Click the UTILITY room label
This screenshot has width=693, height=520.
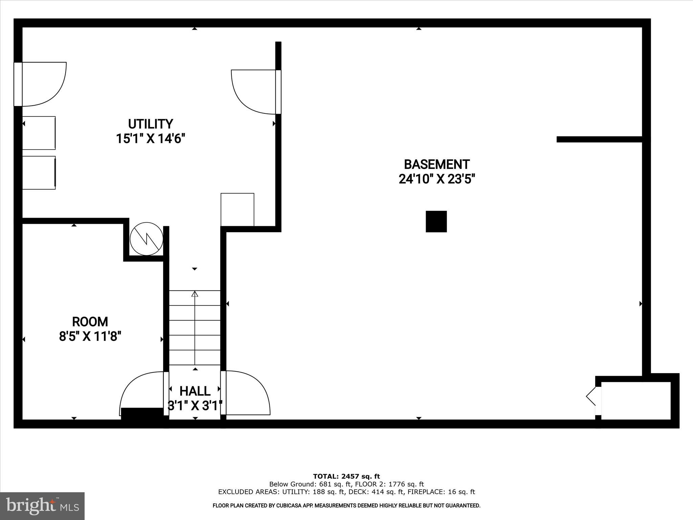click(151, 124)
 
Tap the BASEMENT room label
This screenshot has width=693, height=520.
click(437, 165)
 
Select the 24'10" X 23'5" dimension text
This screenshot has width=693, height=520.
click(437, 179)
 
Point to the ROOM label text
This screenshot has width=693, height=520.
click(90, 322)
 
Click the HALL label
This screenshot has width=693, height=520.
click(195, 391)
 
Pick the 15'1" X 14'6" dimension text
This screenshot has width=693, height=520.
click(151, 139)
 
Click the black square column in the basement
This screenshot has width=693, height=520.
click(436, 221)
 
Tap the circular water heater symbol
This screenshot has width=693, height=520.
click(147, 239)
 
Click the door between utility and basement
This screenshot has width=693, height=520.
click(254, 92)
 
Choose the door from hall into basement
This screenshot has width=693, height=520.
click(247, 393)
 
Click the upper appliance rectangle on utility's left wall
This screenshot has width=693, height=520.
click(39, 133)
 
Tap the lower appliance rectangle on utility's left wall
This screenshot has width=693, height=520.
click(39, 173)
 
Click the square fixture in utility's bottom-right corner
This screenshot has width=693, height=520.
click(237, 210)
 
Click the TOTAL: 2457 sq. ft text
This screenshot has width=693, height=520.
click(346, 476)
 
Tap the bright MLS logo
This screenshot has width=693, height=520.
click(42, 506)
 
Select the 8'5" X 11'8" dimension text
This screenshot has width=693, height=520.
click(90, 337)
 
